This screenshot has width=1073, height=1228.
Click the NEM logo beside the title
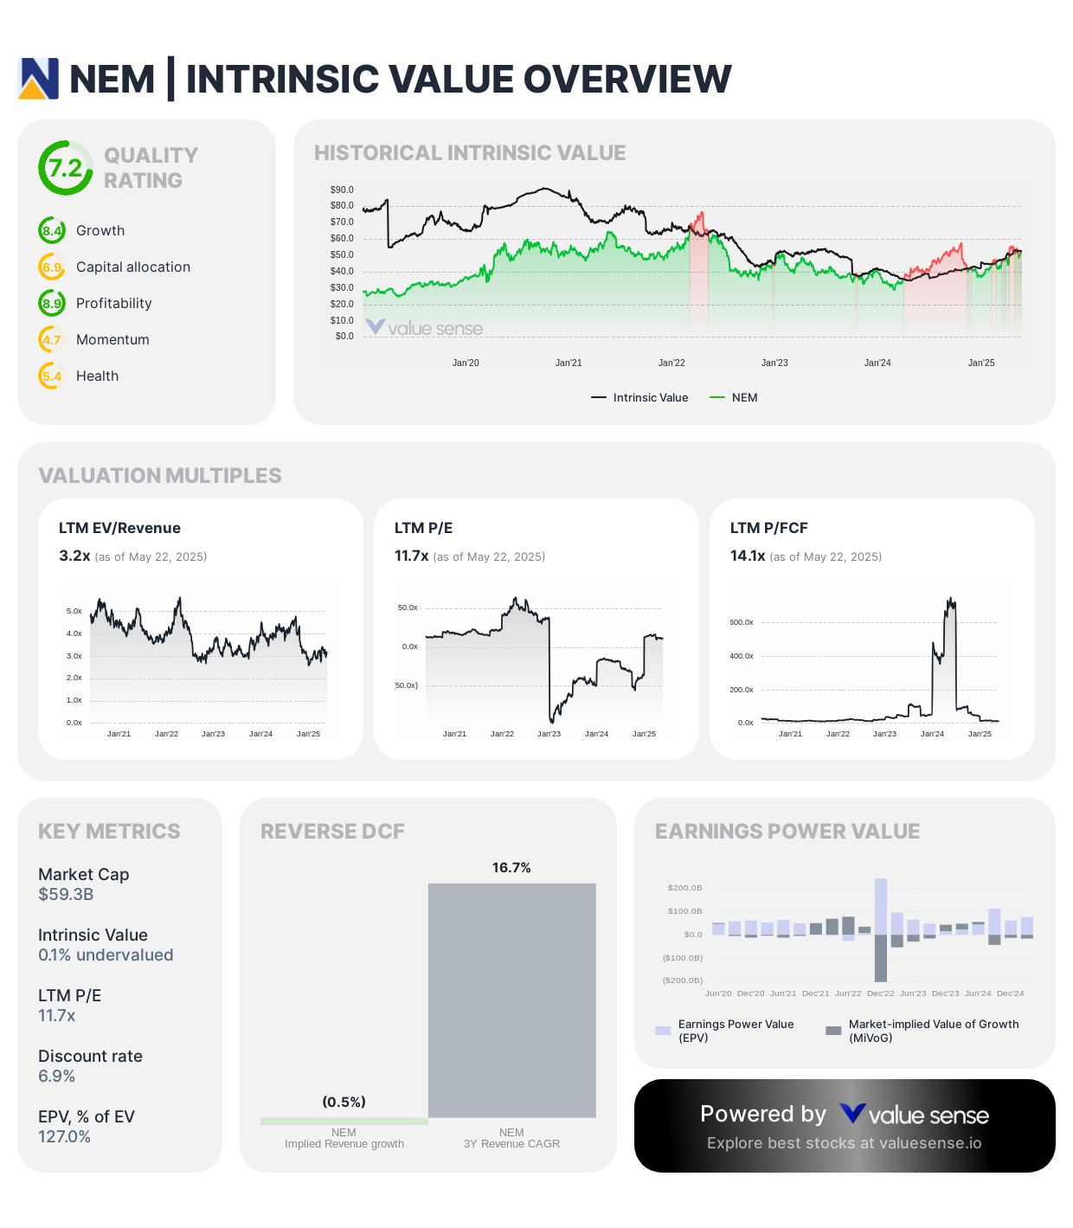tap(39, 79)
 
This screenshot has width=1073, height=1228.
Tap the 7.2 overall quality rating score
tap(66, 168)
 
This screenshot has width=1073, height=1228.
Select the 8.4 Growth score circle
tap(52, 231)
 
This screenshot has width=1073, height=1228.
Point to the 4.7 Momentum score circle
tap(52, 340)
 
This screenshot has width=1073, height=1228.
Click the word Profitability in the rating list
tap(113, 304)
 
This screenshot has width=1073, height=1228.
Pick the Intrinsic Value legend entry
tap(640, 398)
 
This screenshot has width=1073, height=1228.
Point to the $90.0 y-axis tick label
tap(342, 190)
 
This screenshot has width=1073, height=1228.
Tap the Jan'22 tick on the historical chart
tap(671, 363)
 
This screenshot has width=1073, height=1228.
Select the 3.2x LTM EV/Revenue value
tap(74, 556)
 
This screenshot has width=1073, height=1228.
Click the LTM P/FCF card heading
tap(768, 529)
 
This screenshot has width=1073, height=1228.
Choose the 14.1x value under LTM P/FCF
tap(748, 556)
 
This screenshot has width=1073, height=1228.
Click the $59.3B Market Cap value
tap(66, 895)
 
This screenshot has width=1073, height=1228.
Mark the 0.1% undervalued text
tap(106, 955)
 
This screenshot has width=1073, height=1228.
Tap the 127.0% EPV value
tap(64, 1137)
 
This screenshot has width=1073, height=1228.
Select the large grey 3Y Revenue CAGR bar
tap(511, 1000)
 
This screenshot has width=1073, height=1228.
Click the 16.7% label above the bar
tap(511, 868)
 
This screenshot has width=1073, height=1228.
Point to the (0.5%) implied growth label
tap(344, 1103)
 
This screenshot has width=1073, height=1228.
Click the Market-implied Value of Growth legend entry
tap(923, 1031)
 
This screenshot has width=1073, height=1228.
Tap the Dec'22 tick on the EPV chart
tap(880, 993)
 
